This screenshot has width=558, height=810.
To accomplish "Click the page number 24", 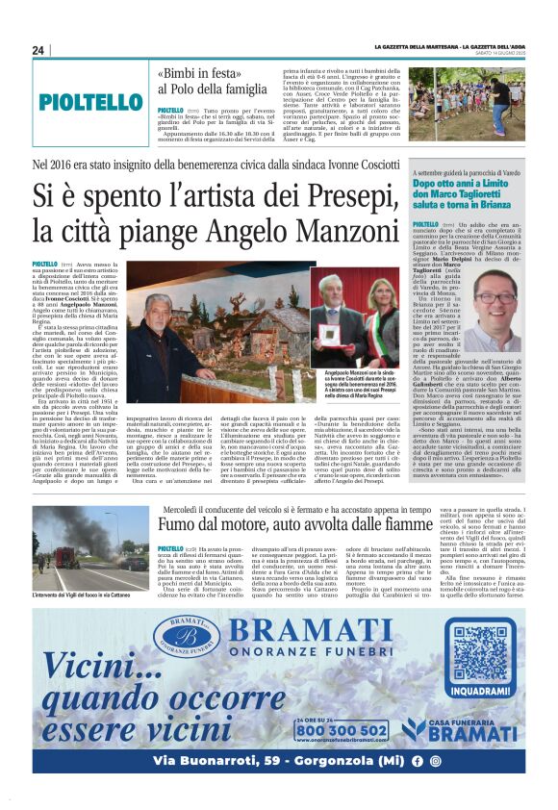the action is pos(38,50).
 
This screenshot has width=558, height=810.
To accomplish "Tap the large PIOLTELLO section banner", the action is pos(91,103).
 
